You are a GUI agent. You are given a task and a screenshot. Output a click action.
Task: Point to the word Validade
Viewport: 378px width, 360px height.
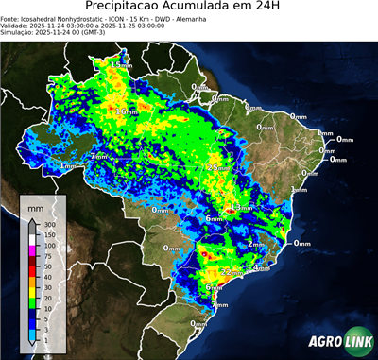(x=15, y=26)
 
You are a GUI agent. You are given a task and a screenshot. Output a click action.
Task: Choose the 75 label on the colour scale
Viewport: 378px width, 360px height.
(x=46, y=255)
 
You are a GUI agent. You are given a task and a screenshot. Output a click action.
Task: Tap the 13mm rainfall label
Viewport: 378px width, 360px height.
(x=242, y=207)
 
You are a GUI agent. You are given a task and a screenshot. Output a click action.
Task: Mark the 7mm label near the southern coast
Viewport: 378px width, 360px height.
(x=219, y=304)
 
